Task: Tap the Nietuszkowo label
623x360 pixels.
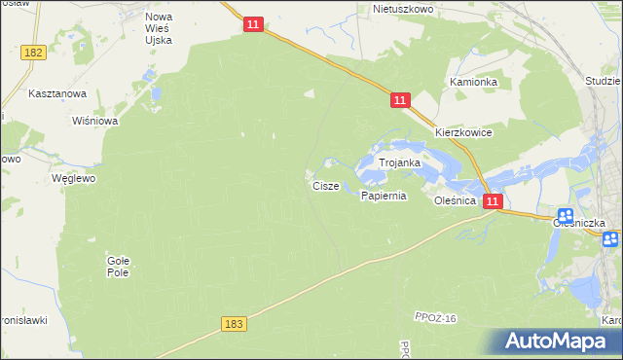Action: [403, 9]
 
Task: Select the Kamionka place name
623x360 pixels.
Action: [473, 83]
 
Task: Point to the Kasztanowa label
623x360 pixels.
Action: [58, 93]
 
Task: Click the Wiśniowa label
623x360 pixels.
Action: [95, 122]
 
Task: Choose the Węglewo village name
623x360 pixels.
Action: [73, 179]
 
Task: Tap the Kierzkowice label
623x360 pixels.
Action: [463, 132]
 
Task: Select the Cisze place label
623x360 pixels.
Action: [325, 185]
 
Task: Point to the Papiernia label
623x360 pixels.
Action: [383, 196]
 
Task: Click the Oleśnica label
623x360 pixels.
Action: [456, 199]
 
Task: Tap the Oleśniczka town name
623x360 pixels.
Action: [580, 223]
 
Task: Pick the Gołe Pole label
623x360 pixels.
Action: [118, 267]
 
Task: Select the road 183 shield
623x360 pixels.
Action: [233, 324]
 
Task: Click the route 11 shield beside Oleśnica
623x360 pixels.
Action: [493, 201]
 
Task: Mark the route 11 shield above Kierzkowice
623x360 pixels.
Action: [400, 100]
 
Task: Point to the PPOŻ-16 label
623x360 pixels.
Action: [435, 319]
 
